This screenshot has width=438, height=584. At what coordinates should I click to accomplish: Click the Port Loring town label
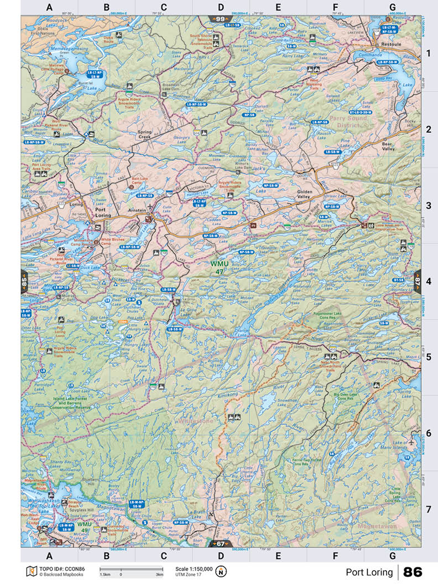(103, 212)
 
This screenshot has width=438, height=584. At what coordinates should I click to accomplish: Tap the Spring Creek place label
(145, 135)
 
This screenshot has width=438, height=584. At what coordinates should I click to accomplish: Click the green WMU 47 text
(218, 267)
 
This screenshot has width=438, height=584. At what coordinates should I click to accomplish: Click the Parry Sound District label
(352, 122)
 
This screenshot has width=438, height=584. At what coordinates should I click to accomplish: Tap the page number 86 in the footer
(413, 572)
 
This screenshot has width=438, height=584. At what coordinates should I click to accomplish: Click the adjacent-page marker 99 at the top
(220, 19)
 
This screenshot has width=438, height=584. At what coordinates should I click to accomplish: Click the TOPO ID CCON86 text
(61, 569)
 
